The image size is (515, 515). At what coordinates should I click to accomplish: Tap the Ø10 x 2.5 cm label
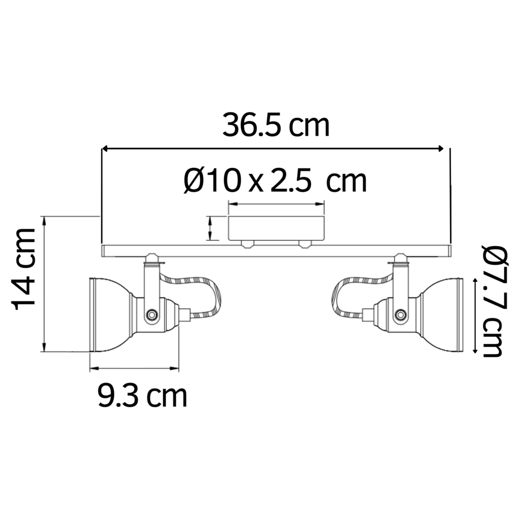[x=275, y=181]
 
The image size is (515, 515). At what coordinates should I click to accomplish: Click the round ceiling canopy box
[x=276, y=228]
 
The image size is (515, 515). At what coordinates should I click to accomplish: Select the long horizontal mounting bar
[x=276, y=251]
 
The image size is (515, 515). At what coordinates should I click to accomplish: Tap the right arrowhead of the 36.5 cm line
[x=443, y=148]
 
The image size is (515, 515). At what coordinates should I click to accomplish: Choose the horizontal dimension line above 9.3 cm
[x=134, y=369]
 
